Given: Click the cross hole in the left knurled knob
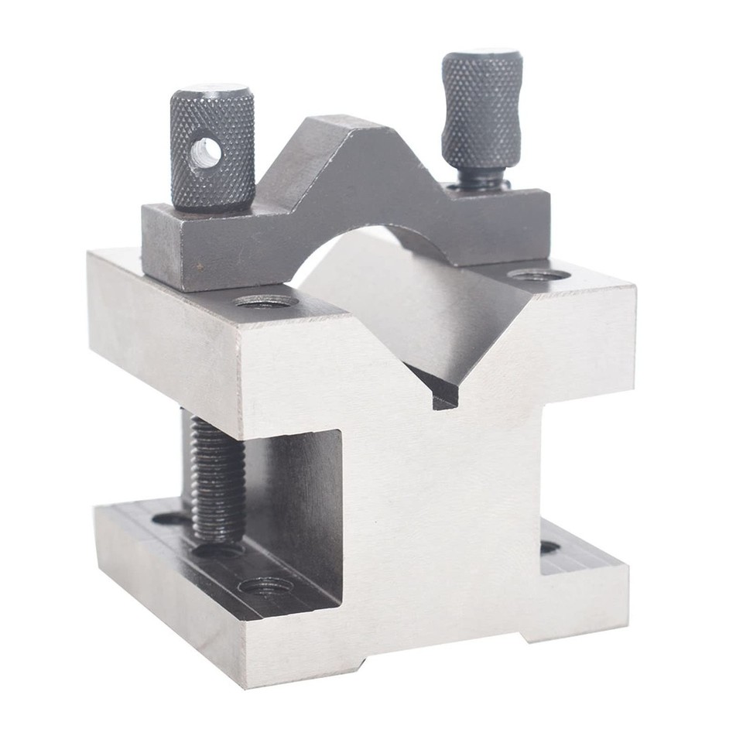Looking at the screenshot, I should coord(206,152).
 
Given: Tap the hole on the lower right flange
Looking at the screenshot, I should coord(549,546).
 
